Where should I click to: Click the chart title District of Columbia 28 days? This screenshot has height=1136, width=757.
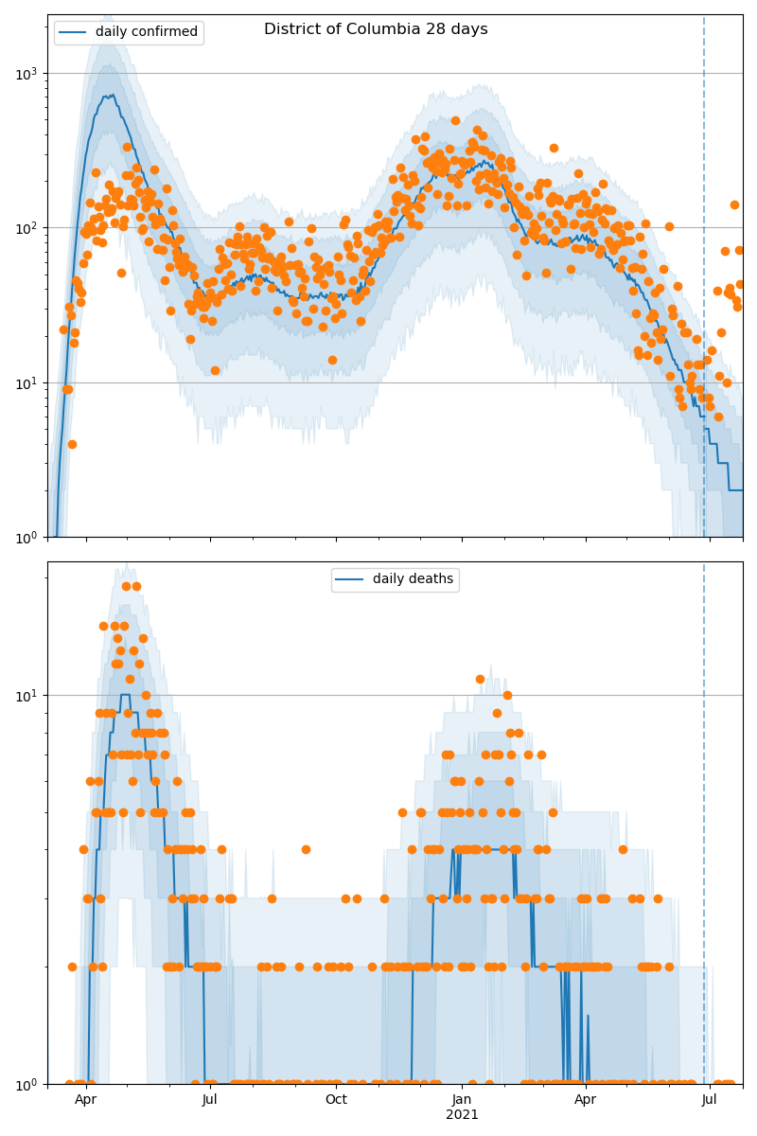[x=376, y=29]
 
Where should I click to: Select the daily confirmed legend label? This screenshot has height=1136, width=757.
[x=147, y=32]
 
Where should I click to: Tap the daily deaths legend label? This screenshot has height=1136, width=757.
[x=413, y=579]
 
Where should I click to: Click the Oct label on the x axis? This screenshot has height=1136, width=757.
[x=336, y=1099]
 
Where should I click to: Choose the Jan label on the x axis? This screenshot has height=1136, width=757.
[x=462, y=1099]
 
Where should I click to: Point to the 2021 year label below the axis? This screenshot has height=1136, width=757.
[x=462, y=1115]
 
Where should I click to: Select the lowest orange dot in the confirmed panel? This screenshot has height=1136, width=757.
[x=72, y=444]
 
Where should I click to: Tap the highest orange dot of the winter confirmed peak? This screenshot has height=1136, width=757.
[x=455, y=120]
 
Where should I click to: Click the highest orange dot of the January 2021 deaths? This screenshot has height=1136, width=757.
[x=480, y=679]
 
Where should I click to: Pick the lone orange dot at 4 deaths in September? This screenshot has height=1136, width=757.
[x=306, y=849]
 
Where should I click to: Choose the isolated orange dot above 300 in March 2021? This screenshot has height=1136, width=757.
[x=554, y=148]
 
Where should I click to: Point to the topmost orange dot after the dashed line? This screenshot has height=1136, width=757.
[x=734, y=204]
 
